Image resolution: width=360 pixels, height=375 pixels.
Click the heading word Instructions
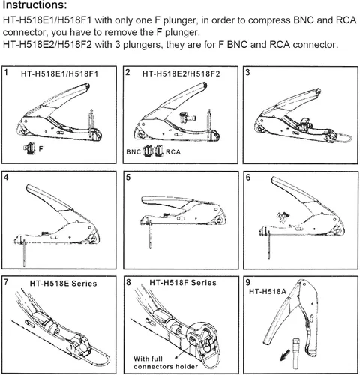click(x=34, y=5)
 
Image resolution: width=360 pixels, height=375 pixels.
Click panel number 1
click(x=6, y=73)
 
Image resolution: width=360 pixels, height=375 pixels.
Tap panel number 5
click(x=128, y=178)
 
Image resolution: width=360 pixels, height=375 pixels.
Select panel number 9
click(x=247, y=282)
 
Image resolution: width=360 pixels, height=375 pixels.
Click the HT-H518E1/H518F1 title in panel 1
click(x=59, y=73)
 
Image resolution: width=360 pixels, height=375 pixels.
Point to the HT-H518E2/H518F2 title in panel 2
click(x=181, y=73)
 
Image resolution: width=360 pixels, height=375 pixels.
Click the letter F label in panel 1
click(x=41, y=149)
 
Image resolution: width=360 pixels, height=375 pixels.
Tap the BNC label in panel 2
click(x=133, y=152)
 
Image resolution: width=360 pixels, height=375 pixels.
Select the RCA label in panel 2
click(x=173, y=152)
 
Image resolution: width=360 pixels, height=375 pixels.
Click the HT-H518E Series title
click(x=63, y=283)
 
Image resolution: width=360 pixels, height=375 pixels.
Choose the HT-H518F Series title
click(x=183, y=283)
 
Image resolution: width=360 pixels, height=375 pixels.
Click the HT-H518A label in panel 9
click(x=268, y=291)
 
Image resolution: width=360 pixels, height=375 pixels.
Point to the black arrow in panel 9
click(x=285, y=355)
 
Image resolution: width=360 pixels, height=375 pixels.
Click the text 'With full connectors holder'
click(x=166, y=363)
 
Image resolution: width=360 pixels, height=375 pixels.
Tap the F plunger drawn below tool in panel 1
click(x=29, y=148)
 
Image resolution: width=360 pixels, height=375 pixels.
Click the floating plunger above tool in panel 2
click(x=187, y=117)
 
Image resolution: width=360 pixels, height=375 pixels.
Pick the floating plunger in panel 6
click(x=283, y=217)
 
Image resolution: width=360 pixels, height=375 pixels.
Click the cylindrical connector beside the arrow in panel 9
click(x=296, y=352)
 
